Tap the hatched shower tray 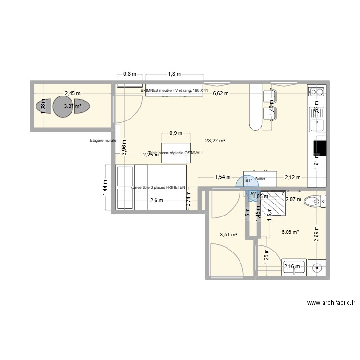coord(272,204)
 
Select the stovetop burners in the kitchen coord(316,92)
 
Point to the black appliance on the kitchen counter coord(320,148)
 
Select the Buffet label coord(260,178)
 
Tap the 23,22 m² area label coord(215,141)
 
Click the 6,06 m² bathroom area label coord(290,232)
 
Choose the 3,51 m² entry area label coord(228,235)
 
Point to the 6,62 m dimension coord(221,94)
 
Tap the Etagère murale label coord(103,141)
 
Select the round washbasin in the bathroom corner coord(316,267)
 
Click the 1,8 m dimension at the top coord(174,74)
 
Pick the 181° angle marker coord(248,181)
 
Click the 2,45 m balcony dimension coord(72,94)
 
